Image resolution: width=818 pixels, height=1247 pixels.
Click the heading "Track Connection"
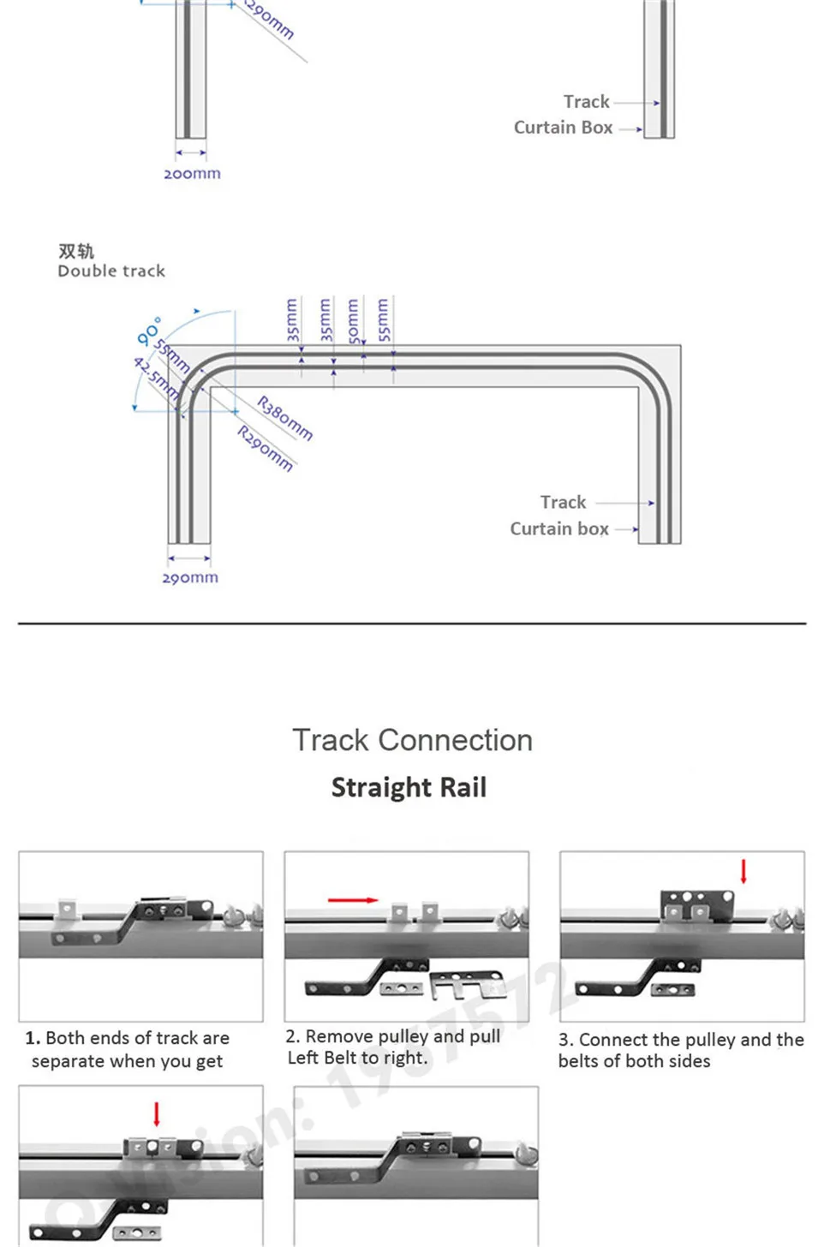(x=412, y=741)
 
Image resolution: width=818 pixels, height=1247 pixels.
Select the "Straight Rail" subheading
(x=409, y=788)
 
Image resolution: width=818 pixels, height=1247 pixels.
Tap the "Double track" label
(x=111, y=271)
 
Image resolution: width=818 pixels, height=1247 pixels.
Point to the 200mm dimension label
(x=192, y=174)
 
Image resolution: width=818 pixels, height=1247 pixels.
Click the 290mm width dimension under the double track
(x=190, y=578)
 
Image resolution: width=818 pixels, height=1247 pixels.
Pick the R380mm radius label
(x=285, y=418)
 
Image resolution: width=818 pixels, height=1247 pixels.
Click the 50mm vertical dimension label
(x=353, y=320)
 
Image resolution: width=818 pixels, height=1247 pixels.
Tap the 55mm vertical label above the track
(x=383, y=320)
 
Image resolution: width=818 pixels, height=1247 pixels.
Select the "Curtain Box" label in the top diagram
(x=563, y=128)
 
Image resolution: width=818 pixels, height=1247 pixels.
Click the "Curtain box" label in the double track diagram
(x=559, y=529)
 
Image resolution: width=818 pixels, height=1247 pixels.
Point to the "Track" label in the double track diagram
(x=563, y=503)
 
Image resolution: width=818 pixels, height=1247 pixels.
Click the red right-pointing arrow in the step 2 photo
(x=353, y=900)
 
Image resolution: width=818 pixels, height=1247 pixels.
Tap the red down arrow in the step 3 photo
(x=743, y=872)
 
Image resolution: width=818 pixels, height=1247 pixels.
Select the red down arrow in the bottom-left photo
(x=157, y=1114)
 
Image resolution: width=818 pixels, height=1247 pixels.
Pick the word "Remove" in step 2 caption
(x=337, y=1036)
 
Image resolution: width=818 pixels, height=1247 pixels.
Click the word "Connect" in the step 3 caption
(x=612, y=1040)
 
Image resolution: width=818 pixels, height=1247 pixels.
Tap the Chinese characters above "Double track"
(x=76, y=251)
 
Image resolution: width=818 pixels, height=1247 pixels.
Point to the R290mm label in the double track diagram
(x=266, y=449)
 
